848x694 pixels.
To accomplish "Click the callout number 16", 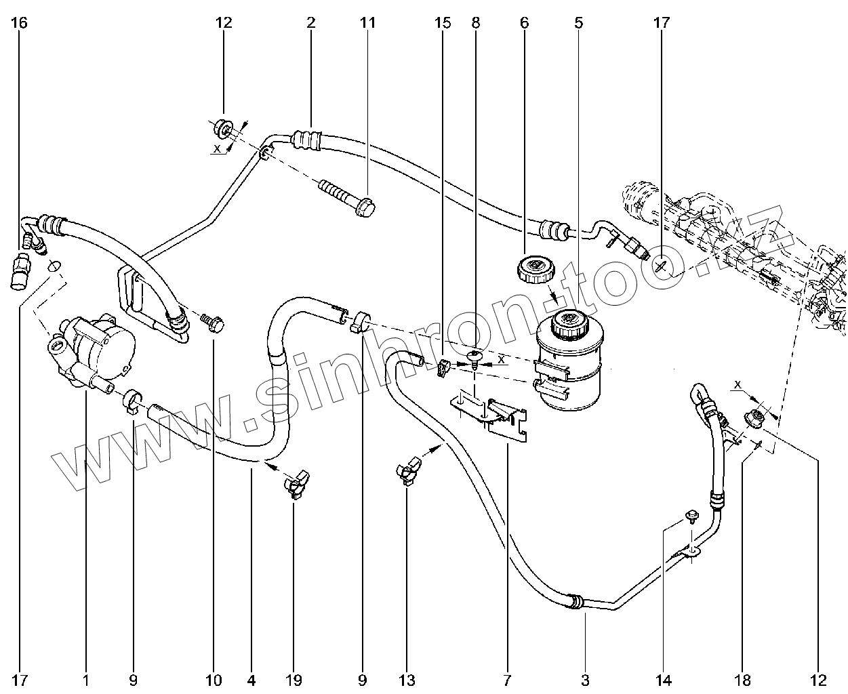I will (x=20, y=23).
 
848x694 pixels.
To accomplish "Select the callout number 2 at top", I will (x=310, y=23).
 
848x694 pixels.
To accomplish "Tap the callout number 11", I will (x=367, y=23).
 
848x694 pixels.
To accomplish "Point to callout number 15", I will (x=442, y=23).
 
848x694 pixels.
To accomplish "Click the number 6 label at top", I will (x=524, y=23).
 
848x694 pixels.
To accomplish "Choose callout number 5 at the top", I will (x=578, y=23).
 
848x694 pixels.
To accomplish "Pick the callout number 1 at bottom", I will (x=86, y=679).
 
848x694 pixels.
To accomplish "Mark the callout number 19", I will (x=294, y=679).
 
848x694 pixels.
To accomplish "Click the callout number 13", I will (x=407, y=679).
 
